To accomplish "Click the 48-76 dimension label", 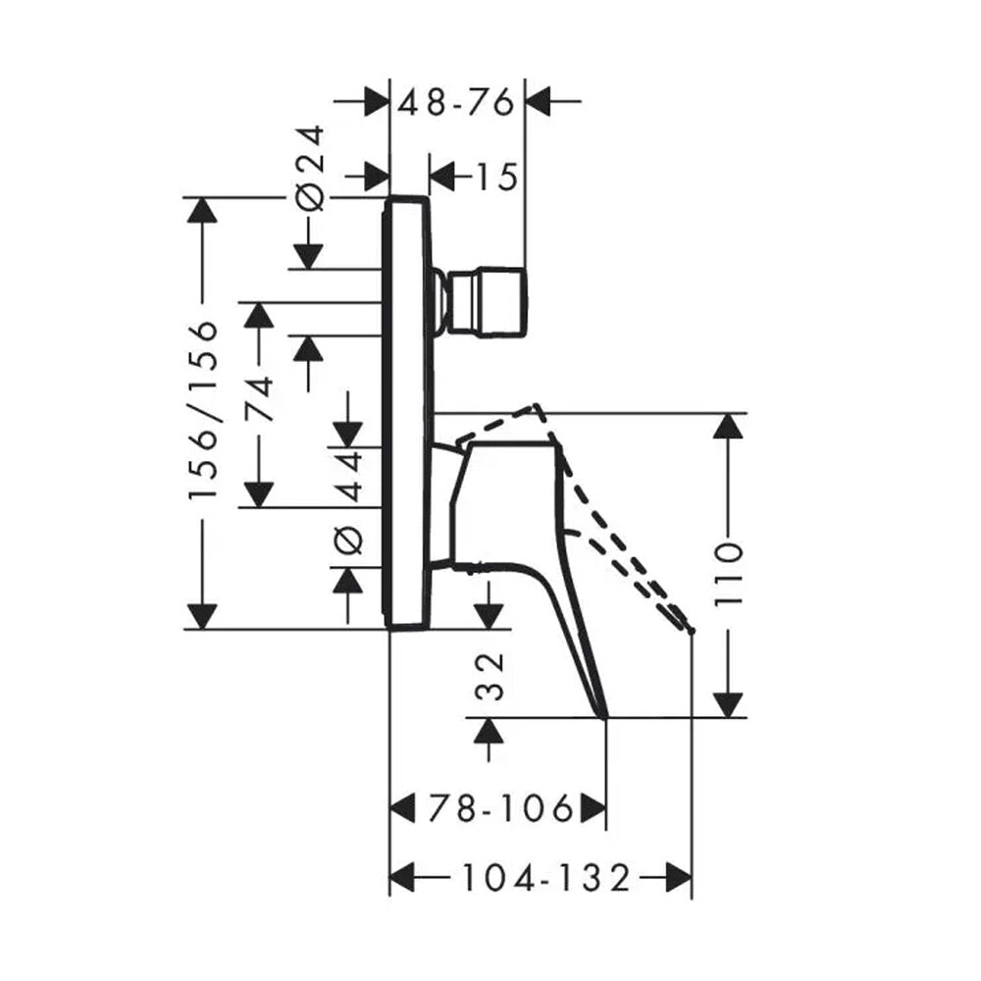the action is [457, 103].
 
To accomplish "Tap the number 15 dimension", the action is [497, 177].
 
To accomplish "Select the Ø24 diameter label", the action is [311, 167].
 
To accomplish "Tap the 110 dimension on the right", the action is [728, 574].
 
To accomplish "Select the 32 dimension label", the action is [490, 678].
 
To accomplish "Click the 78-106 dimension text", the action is [500, 809].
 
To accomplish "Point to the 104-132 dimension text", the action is [545, 878].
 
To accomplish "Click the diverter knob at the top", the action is [482, 303].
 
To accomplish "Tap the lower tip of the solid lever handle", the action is [604, 717].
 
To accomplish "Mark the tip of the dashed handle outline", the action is [691, 631].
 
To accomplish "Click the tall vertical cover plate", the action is [407, 412].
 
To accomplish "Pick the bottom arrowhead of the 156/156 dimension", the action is [202, 616].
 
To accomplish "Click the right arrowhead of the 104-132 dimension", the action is [679, 878].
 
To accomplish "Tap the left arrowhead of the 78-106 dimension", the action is [403, 809].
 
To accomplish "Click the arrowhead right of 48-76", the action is [538, 100].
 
